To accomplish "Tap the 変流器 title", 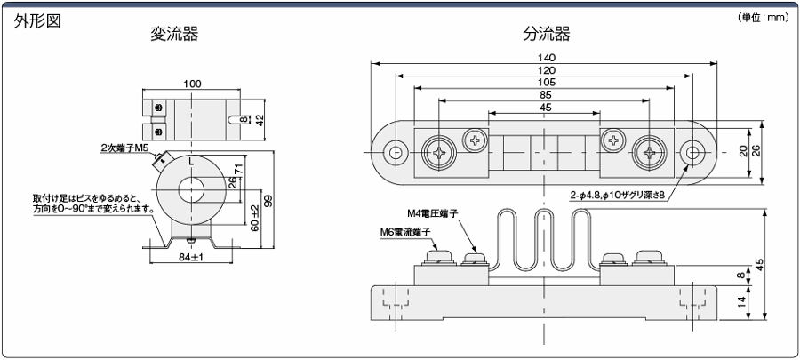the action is (x=174, y=34).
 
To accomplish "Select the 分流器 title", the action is (x=546, y=34).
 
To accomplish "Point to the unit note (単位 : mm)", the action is (x=764, y=18).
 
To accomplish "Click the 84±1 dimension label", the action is (x=191, y=258).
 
